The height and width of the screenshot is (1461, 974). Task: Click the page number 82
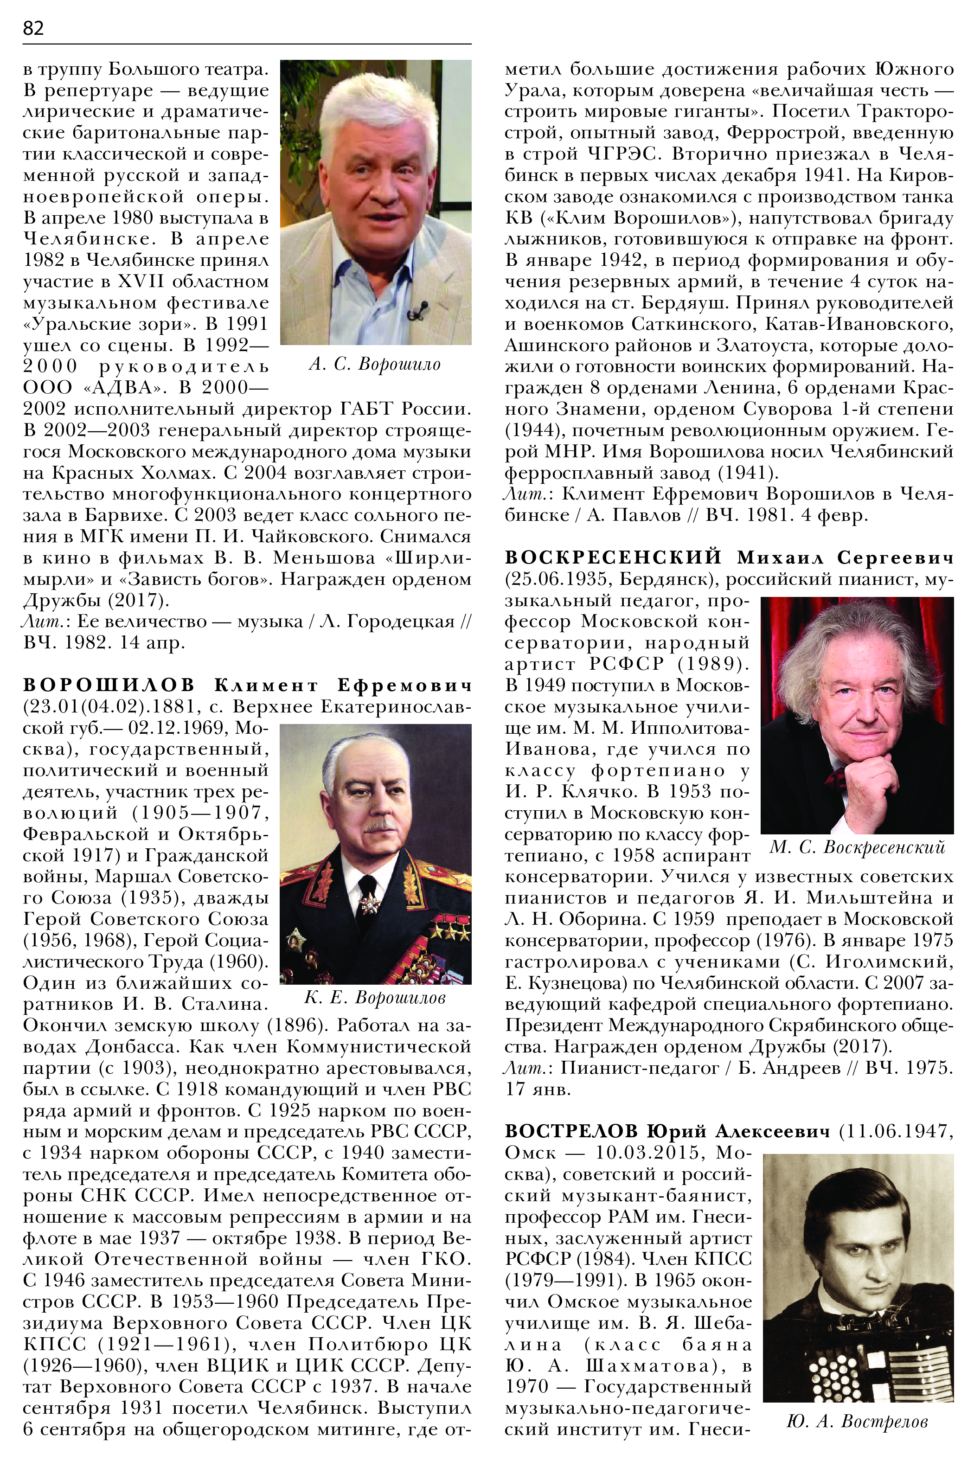point(33,28)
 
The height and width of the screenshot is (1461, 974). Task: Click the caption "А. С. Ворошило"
point(375,365)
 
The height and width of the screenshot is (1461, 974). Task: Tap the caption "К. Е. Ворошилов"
point(375,998)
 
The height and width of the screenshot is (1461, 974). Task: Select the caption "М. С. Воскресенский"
point(857,847)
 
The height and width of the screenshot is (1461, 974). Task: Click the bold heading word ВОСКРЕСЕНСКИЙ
point(613,557)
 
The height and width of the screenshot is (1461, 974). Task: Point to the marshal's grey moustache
point(379,826)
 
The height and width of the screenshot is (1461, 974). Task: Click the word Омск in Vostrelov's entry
point(531,1152)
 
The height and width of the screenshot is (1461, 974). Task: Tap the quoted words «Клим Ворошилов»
point(636,218)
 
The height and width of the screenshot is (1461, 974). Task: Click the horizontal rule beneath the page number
point(247,44)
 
